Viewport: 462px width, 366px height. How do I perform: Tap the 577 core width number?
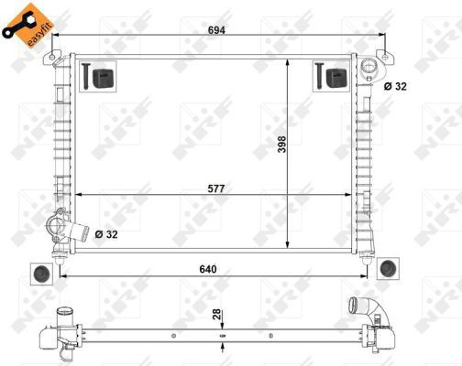click(x=215, y=188)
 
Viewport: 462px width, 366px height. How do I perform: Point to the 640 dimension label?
click(x=217, y=270)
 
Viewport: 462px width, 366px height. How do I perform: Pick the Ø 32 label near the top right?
click(x=396, y=86)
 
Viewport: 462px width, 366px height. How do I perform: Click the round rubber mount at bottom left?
click(x=41, y=273)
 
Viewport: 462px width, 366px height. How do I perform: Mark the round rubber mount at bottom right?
click(x=388, y=268)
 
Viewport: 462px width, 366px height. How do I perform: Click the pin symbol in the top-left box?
click(x=83, y=77)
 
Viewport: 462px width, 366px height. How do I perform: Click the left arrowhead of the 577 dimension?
click(x=77, y=195)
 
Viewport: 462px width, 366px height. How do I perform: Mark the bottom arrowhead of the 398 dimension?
click(x=289, y=248)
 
